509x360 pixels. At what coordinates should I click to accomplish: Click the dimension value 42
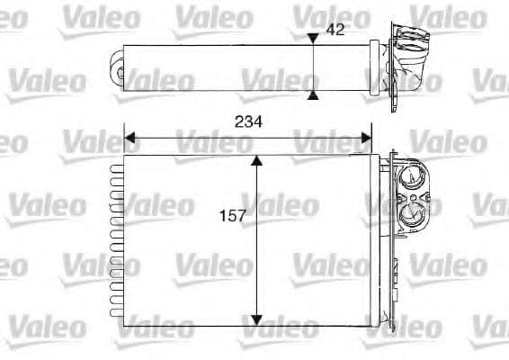pos(335,30)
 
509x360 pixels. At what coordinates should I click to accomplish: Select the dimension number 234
pos(247,123)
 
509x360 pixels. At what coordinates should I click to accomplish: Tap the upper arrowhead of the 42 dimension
pos(312,39)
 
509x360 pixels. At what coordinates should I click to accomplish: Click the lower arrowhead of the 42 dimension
pos(312,93)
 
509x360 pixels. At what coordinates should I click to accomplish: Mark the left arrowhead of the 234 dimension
pos(129,138)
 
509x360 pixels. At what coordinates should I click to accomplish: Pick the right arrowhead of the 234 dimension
pos(365,138)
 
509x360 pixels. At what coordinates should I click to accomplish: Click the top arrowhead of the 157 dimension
pos(257,161)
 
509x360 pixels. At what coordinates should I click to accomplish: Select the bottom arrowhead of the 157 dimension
pos(257,319)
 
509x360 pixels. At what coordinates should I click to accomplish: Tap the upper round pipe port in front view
pos(411,176)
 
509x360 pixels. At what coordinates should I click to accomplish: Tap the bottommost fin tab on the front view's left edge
pos(115,314)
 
